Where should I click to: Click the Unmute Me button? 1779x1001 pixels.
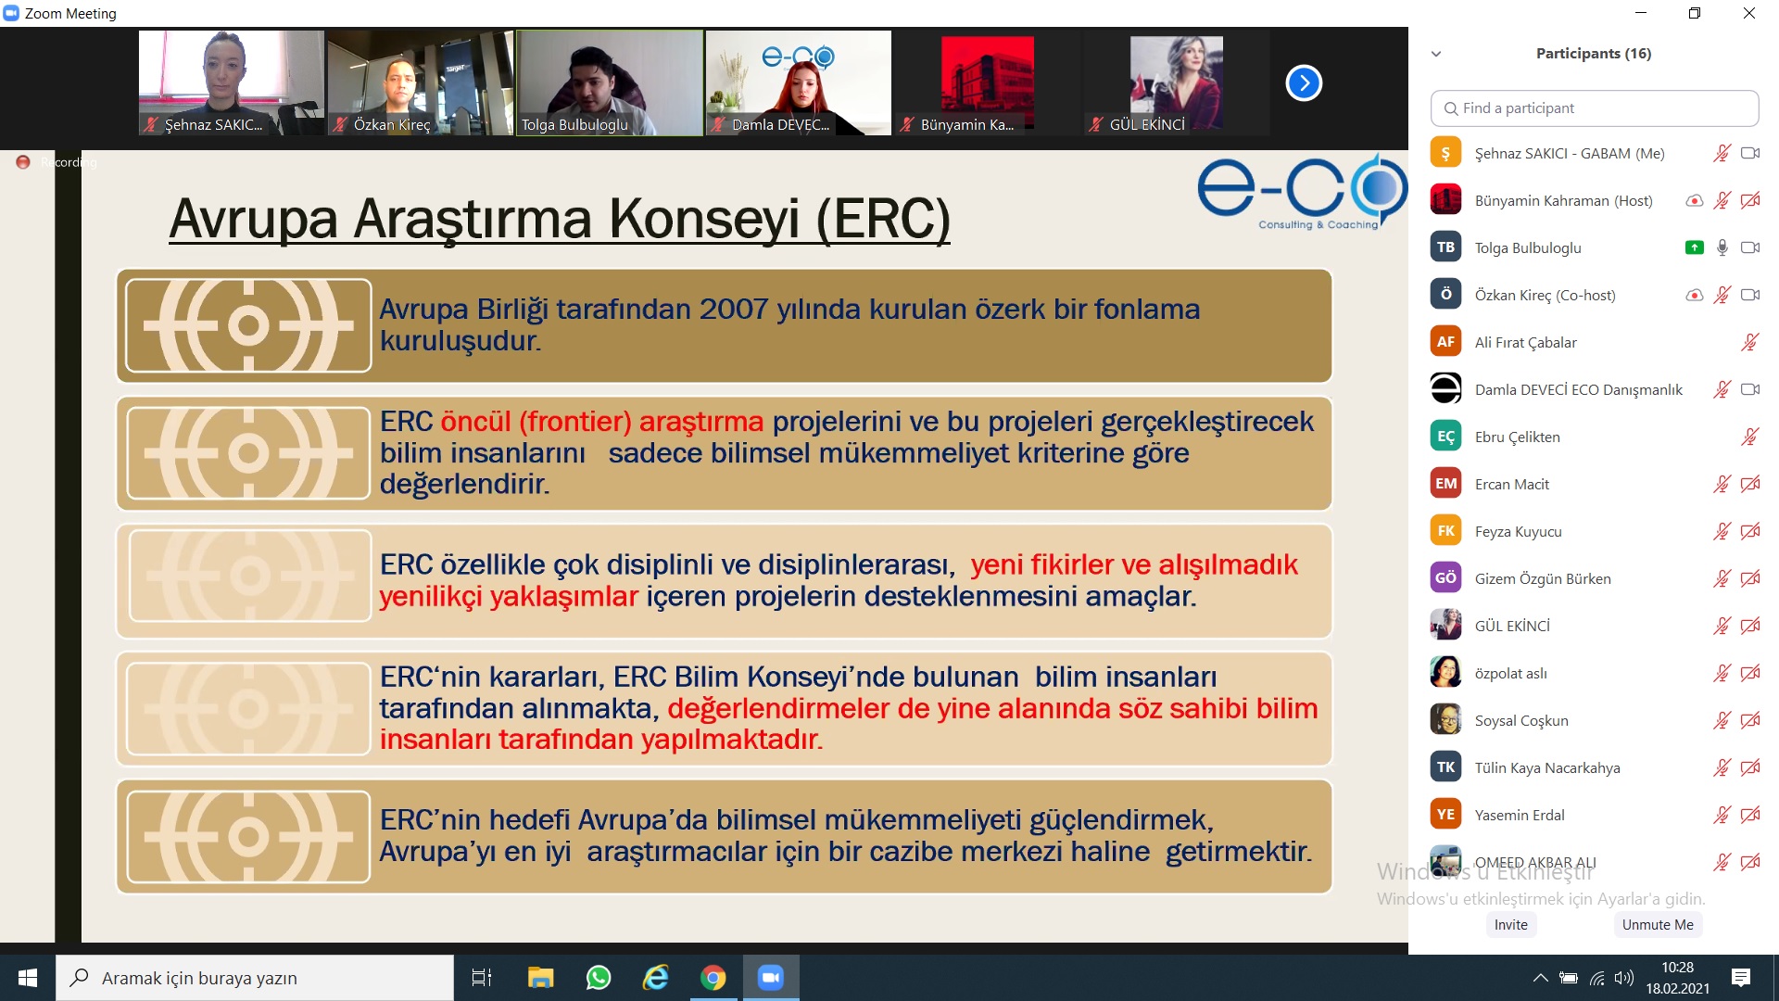click(1658, 924)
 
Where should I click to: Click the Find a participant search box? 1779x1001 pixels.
click(1595, 108)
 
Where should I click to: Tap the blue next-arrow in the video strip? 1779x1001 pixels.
click(1304, 83)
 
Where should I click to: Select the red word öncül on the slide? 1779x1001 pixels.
click(475, 422)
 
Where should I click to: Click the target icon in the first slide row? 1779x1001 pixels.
click(248, 325)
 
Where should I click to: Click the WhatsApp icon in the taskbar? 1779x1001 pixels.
click(599, 977)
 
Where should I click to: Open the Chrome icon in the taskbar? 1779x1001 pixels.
click(713, 977)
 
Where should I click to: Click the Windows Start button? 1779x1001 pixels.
click(28, 977)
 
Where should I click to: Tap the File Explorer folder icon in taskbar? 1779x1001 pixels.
click(540, 977)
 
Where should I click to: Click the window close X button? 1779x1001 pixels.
click(1749, 13)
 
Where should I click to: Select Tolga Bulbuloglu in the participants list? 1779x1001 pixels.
click(1528, 247)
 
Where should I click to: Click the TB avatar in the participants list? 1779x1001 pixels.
click(1445, 247)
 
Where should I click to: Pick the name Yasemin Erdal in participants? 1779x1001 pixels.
click(1520, 815)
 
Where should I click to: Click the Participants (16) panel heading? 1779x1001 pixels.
click(1594, 54)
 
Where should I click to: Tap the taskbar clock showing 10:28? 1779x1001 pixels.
click(1677, 968)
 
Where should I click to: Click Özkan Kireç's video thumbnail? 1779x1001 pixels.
click(420, 83)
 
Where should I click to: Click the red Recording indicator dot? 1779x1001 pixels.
click(23, 162)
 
